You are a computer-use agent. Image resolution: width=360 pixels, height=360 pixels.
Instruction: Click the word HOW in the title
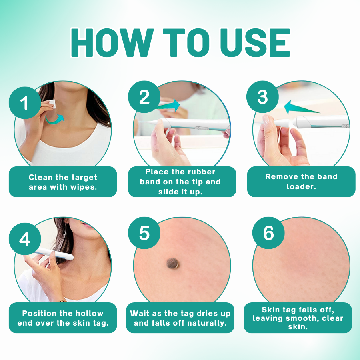[112, 43]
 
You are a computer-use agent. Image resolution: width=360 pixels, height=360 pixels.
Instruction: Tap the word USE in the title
[255, 43]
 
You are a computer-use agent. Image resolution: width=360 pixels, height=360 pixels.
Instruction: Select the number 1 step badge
[25, 103]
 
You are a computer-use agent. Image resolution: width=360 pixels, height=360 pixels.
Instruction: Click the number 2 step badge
[144, 97]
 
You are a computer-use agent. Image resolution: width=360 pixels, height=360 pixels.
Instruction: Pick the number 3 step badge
[263, 97]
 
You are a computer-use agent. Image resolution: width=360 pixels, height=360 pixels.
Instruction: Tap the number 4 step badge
[25, 239]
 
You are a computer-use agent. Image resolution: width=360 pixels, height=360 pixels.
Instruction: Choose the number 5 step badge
[144, 233]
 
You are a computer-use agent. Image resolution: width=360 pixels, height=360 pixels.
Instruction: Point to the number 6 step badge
[268, 233]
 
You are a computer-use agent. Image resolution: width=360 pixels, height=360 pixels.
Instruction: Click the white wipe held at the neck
[52, 104]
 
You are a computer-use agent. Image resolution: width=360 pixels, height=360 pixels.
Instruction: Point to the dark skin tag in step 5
[173, 263]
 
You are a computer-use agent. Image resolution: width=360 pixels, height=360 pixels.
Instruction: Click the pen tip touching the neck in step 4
[72, 257]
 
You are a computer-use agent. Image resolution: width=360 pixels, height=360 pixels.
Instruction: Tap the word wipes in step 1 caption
[84, 187]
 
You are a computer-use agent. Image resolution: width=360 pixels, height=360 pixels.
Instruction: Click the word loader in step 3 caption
[301, 186]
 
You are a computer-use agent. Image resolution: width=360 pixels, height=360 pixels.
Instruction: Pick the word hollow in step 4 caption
[90, 313]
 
